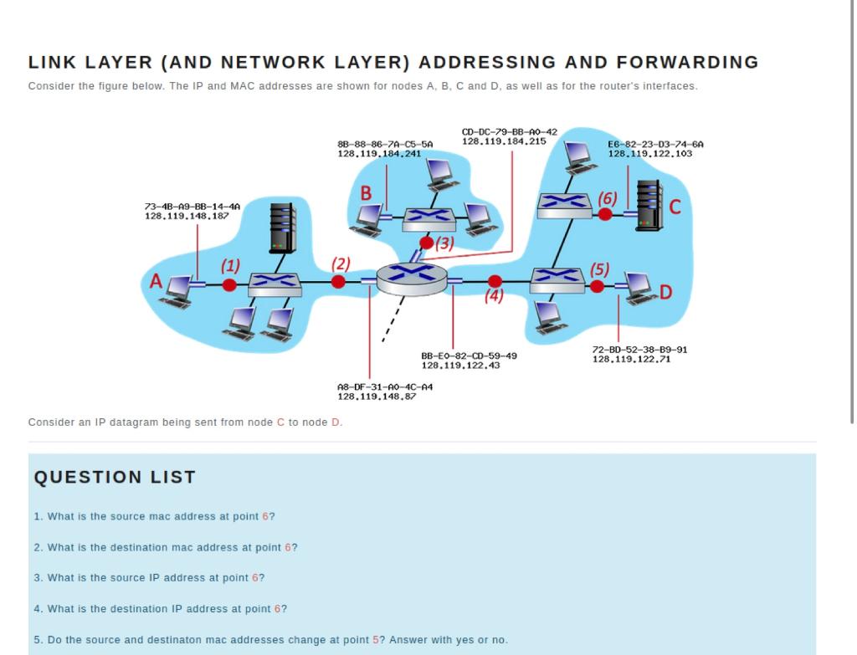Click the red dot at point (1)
click(x=229, y=284)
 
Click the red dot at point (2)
click(x=338, y=282)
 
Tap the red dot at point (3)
click(x=427, y=243)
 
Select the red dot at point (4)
click(x=495, y=281)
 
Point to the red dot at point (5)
click(x=597, y=286)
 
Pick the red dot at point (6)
click(x=605, y=214)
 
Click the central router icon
click(x=412, y=278)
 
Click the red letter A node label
click(x=155, y=282)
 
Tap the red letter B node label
click(x=366, y=193)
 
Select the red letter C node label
click(x=675, y=206)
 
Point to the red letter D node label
click(x=665, y=292)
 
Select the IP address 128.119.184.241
click(x=378, y=154)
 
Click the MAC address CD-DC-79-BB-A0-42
click(x=509, y=131)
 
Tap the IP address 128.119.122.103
click(x=649, y=154)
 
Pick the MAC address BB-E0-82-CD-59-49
click(x=469, y=356)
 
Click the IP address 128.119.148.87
click(x=376, y=396)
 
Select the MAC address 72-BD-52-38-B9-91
click(x=639, y=349)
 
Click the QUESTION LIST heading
click(x=115, y=477)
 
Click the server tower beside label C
click(x=649, y=206)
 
